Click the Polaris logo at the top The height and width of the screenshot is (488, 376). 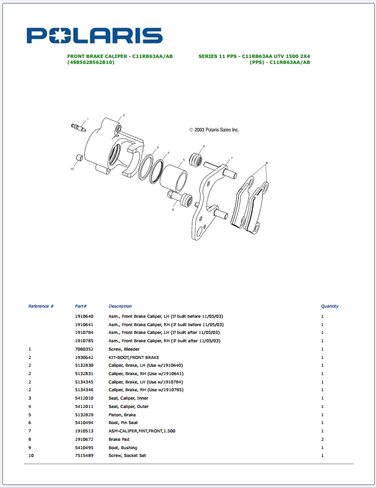pyautogui.click(x=94, y=35)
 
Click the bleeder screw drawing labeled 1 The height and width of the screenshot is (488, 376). pyautogui.click(x=78, y=127)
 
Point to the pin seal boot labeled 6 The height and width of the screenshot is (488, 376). pyautogui.click(x=195, y=159)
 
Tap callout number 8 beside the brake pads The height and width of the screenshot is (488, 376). pyautogui.click(x=267, y=162)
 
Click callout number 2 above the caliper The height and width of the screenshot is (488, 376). pyautogui.click(x=124, y=115)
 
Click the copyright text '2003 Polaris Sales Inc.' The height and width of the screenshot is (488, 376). pyautogui.click(x=214, y=129)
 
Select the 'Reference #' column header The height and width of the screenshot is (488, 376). pyautogui.click(x=41, y=306)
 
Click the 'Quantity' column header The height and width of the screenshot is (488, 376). pyautogui.click(x=329, y=306)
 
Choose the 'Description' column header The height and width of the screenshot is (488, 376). pyautogui.click(x=120, y=306)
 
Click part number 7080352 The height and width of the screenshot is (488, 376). pyautogui.click(x=84, y=349)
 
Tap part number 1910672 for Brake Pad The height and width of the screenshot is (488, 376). pyautogui.click(x=84, y=439)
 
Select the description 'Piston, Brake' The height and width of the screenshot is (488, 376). pyautogui.click(x=122, y=415)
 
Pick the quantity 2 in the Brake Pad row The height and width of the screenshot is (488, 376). pyautogui.click(x=322, y=439)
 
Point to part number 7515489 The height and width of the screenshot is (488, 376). pyautogui.click(x=84, y=456)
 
